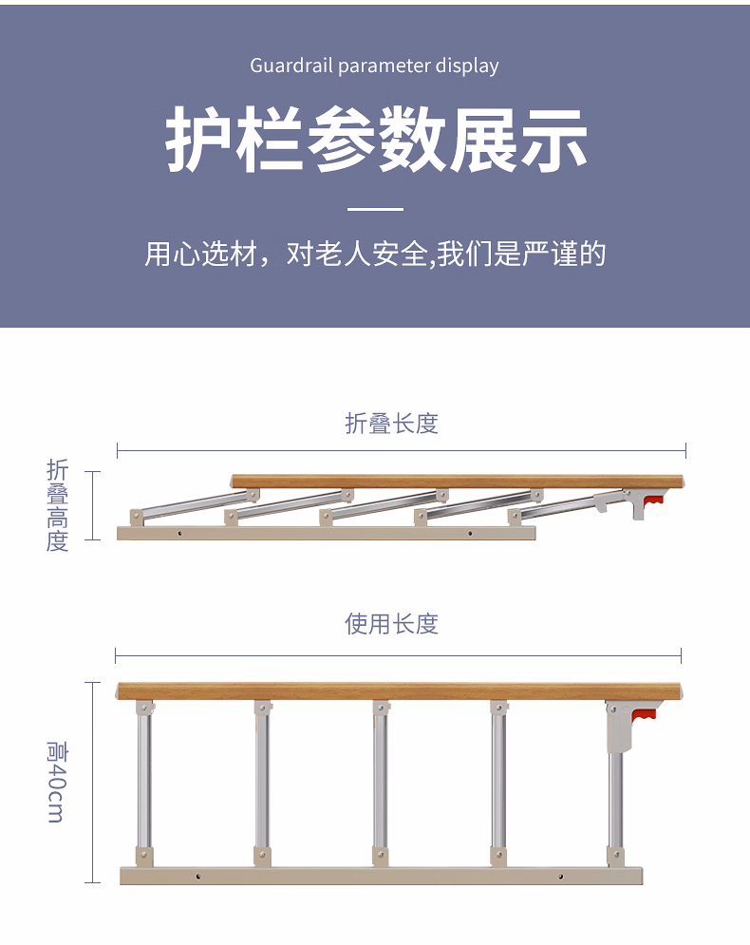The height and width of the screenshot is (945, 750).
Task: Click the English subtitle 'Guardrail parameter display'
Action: pos(374,66)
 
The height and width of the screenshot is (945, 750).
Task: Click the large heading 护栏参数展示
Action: pos(376,140)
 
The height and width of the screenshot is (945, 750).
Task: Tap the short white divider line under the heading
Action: pos(375,209)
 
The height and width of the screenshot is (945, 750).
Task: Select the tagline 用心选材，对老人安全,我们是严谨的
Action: pos(375,254)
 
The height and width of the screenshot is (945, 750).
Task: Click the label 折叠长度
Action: pos(391,424)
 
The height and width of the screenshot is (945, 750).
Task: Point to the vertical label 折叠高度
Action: pos(57,505)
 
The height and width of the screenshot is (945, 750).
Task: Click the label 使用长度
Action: pos(391,624)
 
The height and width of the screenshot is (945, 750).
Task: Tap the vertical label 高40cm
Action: pos(57,782)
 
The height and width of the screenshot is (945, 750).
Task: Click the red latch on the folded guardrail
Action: pos(653,501)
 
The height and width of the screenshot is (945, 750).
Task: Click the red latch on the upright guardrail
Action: pos(644,716)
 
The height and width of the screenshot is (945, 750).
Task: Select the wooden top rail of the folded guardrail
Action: pos(458,482)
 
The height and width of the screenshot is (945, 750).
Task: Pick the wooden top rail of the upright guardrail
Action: pos(400,691)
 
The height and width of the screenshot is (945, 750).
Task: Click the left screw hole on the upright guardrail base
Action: pos(198,877)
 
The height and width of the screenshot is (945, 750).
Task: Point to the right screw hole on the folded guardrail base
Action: pos(470,534)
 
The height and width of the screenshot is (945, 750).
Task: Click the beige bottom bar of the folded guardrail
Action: pos(326,534)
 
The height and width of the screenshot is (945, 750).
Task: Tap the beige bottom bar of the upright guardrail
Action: pos(382,876)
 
